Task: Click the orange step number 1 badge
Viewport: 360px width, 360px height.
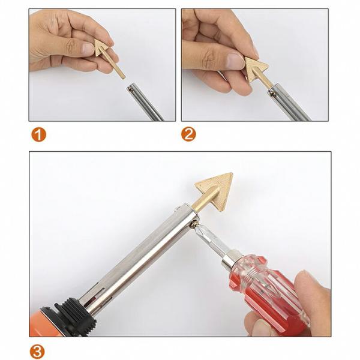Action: [38, 134]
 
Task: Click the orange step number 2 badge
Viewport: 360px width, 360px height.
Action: [188, 134]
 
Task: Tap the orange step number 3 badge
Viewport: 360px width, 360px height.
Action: [37, 352]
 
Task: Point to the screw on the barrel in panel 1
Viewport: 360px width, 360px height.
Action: [131, 89]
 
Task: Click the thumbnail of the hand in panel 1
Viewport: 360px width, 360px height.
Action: [88, 48]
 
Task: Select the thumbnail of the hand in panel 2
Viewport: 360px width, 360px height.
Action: [235, 60]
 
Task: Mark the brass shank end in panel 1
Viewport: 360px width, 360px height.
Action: [123, 77]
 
